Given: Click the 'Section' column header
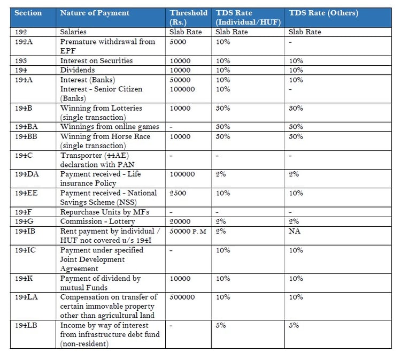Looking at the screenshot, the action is click(28, 13).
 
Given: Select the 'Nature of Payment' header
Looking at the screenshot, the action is click(95, 13).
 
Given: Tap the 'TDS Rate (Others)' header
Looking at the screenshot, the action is click(323, 13).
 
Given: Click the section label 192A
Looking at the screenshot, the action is click(24, 42).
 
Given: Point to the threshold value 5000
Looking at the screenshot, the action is click(178, 42).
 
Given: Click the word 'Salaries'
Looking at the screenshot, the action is click(73, 32).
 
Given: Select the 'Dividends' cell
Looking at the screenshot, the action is click(78, 70).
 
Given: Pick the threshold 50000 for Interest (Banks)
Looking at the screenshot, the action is click(180, 80).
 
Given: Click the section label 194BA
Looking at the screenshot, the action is click(26, 127).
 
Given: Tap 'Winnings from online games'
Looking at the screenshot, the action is click(110, 127).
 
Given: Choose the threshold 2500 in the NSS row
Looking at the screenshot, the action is click(178, 193).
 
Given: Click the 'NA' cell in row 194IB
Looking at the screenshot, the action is click(295, 231).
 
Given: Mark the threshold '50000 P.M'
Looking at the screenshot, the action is click(188, 231).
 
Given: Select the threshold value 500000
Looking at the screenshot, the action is click(182, 297).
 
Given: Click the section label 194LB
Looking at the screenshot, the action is click(26, 325).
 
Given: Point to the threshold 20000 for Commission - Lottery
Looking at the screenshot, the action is click(180, 221).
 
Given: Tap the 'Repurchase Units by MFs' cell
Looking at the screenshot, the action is click(105, 212).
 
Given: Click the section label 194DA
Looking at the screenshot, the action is click(27, 174).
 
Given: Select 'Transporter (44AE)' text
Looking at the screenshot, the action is click(95, 155).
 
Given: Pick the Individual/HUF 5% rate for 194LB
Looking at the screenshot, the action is click(220, 325).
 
